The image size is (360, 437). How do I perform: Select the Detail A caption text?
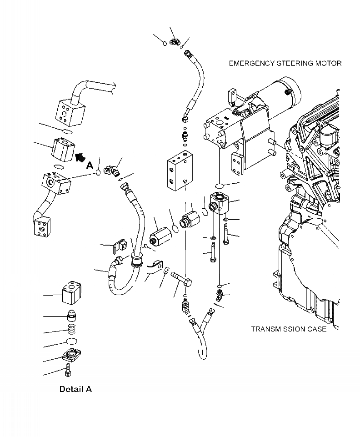click(75, 389)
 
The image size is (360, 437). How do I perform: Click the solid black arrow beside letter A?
click(80, 157)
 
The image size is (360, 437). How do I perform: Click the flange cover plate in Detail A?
click(71, 355)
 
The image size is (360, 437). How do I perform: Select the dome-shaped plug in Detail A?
click(71, 315)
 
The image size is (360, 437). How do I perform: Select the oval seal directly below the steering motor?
click(219, 186)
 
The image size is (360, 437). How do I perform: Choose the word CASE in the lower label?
click(315, 329)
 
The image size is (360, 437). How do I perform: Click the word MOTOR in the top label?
click(329, 63)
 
